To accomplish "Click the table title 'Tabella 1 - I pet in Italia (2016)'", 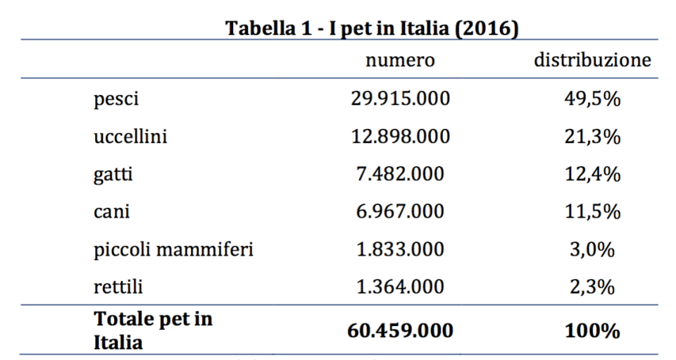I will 370,30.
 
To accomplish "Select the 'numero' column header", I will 400,61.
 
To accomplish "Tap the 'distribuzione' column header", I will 591,61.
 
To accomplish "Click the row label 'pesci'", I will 116,100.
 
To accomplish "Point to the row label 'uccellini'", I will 130,137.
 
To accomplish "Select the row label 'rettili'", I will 117,287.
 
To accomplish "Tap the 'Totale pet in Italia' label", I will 153,330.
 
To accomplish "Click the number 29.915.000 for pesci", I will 400,99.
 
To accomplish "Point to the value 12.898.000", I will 400,137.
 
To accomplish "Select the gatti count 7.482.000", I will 399,174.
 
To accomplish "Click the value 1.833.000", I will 399,249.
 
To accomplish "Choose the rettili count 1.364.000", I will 399,287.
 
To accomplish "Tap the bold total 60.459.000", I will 400,330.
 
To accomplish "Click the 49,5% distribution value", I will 593,99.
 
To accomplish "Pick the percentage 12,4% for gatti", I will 593,174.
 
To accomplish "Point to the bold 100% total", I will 593,330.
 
